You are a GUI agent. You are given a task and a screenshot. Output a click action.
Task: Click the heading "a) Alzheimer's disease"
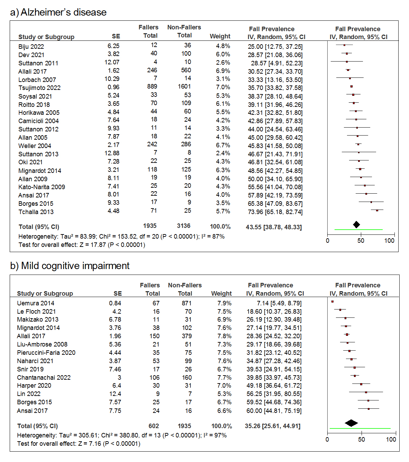[x=58, y=12]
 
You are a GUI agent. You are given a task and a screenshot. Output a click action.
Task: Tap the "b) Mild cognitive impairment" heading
[x=70, y=266]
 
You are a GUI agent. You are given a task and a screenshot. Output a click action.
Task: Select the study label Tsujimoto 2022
[x=39, y=88]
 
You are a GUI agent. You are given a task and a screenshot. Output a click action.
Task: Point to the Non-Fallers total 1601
[x=184, y=86]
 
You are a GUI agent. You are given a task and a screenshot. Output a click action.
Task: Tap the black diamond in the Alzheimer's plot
[x=356, y=225]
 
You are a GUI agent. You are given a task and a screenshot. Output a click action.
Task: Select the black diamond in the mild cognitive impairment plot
[x=352, y=423]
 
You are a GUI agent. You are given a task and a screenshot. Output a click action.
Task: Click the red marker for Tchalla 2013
[x=377, y=210]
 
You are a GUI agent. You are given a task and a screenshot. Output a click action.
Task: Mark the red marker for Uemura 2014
[x=332, y=302]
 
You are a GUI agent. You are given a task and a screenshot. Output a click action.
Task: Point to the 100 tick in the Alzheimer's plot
[x=389, y=241]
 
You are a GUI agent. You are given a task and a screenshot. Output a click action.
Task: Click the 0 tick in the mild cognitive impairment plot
[x=327, y=439]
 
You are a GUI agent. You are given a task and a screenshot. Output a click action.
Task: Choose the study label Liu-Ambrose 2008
[x=42, y=344]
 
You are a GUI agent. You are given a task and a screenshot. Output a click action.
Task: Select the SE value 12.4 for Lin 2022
[x=115, y=394]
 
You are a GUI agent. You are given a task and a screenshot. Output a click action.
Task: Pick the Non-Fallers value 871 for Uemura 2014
[x=186, y=303]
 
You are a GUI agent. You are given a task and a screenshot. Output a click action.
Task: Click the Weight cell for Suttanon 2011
[x=223, y=63]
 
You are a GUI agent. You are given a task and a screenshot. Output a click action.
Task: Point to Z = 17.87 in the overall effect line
[x=94, y=245]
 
